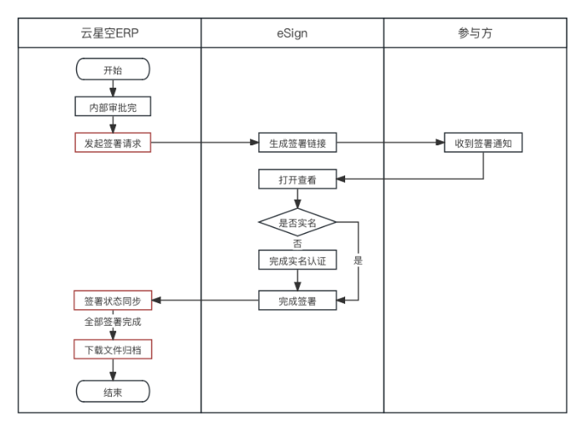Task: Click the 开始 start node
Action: [x=113, y=70]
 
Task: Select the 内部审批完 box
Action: [x=113, y=108]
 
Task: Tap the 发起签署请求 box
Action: [x=113, y=143]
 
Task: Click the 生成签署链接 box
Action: [x=298, y=143]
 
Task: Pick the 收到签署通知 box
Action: [x=483, y=143]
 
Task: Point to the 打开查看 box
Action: [x=298, y=179]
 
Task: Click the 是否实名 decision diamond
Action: [x=298, y=223]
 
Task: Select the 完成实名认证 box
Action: [x=298, y=261]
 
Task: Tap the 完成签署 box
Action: [x=298, y=301]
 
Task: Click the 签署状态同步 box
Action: [x=113, y=301]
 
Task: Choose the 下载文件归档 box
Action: [x=113, y=349]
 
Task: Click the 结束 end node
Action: [x=113, y=392]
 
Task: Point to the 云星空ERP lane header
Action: [x=109, y=33]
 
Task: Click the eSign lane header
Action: [x=292, y=33]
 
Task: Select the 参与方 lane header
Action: [x=476, y=33]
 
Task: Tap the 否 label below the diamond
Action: [x=298, y=243]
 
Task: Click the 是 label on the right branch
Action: [x=358, y=261]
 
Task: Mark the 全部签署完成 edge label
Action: [x=113, y=322]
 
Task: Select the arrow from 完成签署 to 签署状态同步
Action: [x=206, y=301]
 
